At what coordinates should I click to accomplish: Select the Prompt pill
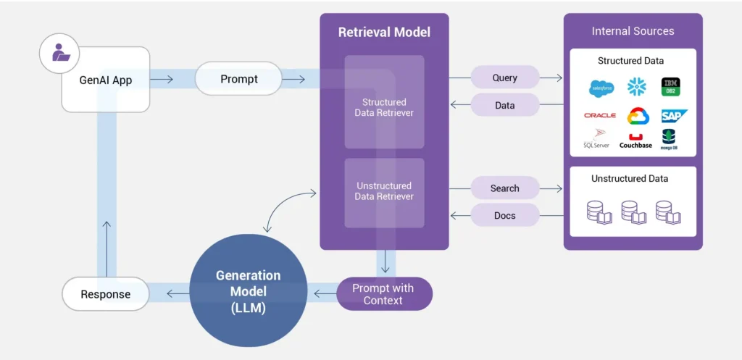(238, 78)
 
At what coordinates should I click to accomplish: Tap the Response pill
(106, 294)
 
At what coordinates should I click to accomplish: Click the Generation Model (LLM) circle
(248, 290)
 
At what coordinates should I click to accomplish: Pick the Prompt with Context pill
(383, 294)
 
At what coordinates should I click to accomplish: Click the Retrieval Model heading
(384, 32)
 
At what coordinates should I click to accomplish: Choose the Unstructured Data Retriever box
(384, 191)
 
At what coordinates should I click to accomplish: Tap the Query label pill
(504, 78)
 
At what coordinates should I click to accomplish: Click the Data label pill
(504, 105)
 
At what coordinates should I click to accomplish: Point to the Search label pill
(504, 188)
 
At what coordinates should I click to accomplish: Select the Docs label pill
(504, 215)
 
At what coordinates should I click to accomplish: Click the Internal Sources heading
(633, 31)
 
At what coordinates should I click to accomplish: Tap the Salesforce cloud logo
(601, 88)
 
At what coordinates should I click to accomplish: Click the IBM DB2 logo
(670, 88)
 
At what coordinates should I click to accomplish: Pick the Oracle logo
(600, 115)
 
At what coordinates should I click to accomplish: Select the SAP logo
(672, 115)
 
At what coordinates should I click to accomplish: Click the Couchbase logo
(635, 141)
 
